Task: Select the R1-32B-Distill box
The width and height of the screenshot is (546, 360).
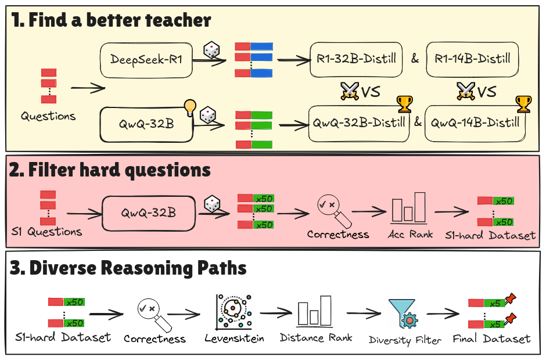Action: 355,59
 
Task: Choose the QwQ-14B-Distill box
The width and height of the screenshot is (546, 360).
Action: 473,123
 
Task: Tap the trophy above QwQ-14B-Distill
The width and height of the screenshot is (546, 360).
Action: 523,104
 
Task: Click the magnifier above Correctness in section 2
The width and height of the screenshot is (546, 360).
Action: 331,210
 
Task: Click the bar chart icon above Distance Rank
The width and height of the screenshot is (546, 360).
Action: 314,314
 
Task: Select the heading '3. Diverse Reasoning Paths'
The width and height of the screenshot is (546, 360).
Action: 128,268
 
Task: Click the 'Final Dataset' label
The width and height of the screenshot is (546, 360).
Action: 491,339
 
